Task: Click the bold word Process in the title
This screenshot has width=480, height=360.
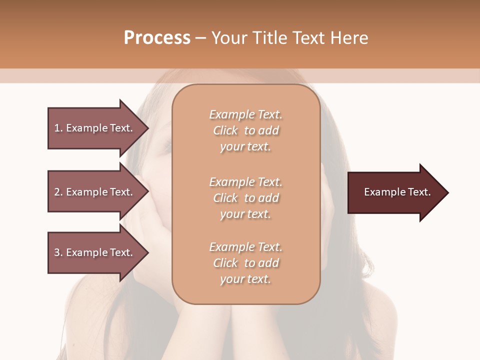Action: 157,38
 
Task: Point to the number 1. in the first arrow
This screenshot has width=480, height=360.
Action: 58,128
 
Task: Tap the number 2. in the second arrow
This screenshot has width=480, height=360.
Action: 58,192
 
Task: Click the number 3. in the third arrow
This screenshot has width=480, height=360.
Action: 58,252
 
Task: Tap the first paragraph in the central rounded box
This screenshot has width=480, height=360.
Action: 246,130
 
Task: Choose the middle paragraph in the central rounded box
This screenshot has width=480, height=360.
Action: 246,198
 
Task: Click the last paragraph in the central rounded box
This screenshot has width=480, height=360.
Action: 246,263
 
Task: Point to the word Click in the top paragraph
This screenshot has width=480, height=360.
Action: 225,130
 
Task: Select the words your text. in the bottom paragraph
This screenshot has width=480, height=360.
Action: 245,279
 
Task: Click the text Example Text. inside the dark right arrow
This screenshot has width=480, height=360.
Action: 397,192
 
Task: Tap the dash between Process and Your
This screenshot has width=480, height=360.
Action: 201,38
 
